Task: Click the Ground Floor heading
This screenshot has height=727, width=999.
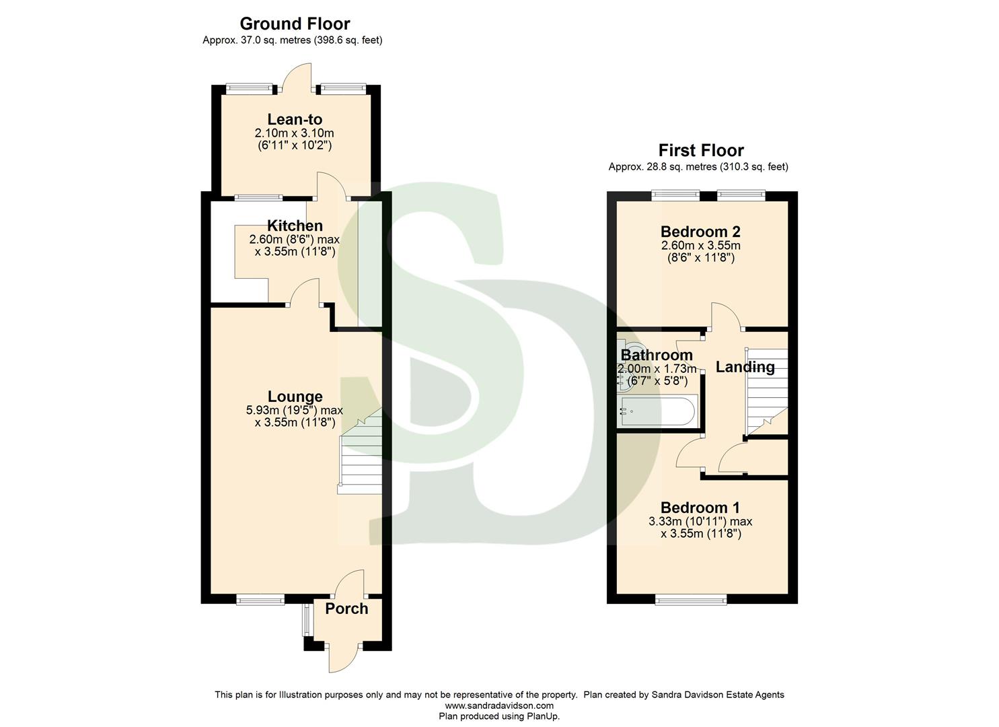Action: click(x=295, y=24)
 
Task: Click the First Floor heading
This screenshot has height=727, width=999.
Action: click(x=701, y=150)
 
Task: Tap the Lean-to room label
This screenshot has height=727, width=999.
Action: click(x=295, y=120)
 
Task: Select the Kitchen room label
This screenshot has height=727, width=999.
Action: click(x=295, y=226)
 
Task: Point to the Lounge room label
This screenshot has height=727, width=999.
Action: click(x=295, y=396)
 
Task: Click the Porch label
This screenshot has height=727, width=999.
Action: click(x=346, y=609)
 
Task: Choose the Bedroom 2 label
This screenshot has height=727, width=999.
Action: click(x=700, y=232)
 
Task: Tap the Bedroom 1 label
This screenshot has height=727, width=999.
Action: click(x=700, y=508)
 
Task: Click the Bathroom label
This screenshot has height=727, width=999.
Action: click(x=657, y=355)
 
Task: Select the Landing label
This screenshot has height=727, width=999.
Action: click(x=745, y=367)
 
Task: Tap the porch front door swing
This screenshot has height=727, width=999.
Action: click(x=344, y=660)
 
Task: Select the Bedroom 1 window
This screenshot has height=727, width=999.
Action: click(x=691, y=598)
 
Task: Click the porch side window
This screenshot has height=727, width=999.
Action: click(x=307, y=620)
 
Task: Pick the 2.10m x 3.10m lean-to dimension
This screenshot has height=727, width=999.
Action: click(x=295, y=133)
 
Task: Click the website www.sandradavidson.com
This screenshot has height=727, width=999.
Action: click(x=499, y=705)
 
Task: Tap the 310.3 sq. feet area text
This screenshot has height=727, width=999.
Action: click(x=753, y=166)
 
